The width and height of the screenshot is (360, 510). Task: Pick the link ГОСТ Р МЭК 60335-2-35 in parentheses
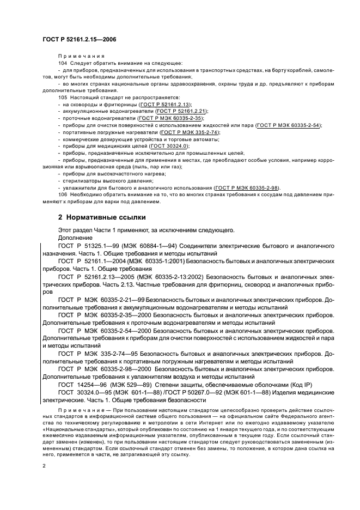(x=170, y=118)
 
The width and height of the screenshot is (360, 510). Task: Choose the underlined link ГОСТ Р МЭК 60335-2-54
(x=289, y=125)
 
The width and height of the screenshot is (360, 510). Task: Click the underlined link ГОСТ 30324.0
(x=169, y=146)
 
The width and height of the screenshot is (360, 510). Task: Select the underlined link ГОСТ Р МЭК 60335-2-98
(x=247, y=187)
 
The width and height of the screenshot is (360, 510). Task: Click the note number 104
(x=62, y=63)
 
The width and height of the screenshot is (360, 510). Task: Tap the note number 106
(x=62, y=195)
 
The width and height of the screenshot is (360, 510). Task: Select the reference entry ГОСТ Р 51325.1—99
(x=87, y=246)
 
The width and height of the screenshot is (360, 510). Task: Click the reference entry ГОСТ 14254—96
(x=82, y=384)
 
